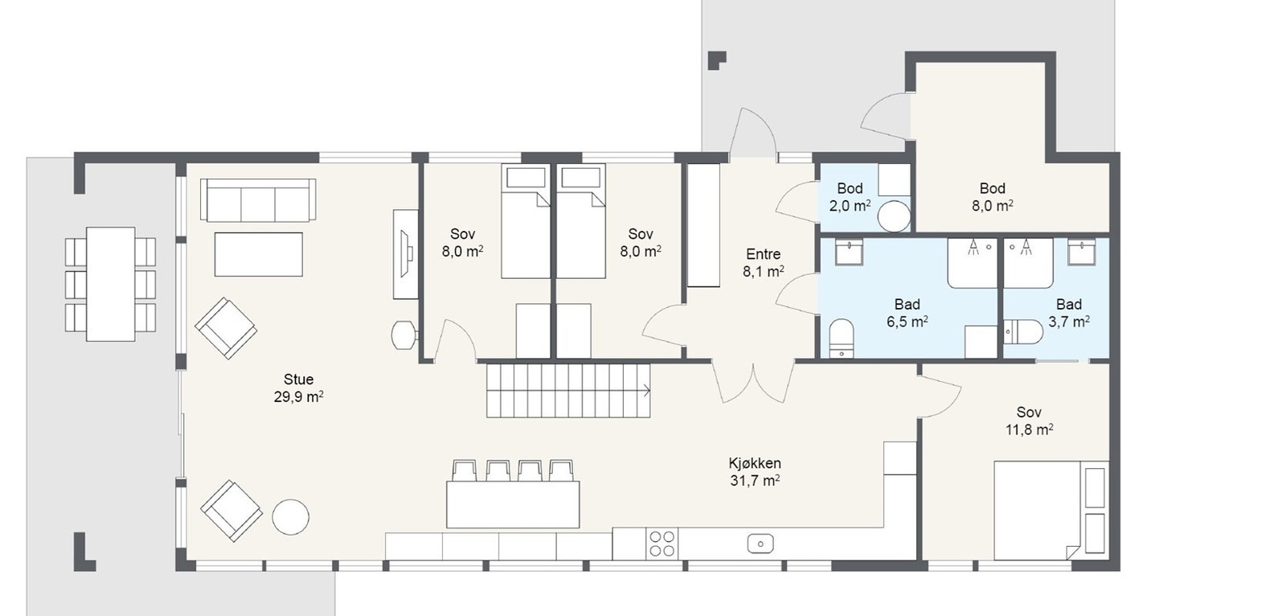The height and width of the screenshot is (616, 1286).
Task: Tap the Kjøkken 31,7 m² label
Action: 755,472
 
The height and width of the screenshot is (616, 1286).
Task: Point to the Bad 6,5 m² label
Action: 907,313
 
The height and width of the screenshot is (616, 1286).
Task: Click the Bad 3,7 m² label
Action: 1069,313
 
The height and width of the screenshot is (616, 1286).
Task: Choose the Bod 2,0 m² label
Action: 850,197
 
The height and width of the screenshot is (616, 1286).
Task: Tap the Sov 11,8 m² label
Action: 1030,421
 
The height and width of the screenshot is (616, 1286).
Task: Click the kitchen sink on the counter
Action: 760,543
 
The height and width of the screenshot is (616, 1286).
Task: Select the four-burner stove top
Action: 662,544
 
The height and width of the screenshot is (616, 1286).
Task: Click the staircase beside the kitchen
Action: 568,391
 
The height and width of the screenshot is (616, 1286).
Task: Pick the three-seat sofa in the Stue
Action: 258,199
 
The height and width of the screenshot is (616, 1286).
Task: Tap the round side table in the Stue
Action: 290,517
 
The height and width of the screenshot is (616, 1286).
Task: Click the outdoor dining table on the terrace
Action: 111,285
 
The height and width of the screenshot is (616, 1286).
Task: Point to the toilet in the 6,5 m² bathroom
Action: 842,338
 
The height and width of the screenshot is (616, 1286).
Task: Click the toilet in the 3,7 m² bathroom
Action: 1024,331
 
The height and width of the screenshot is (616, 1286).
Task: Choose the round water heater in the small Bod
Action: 894,216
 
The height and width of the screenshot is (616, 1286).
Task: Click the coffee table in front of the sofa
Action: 258,254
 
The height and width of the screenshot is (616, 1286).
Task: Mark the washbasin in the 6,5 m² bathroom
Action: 850,253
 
